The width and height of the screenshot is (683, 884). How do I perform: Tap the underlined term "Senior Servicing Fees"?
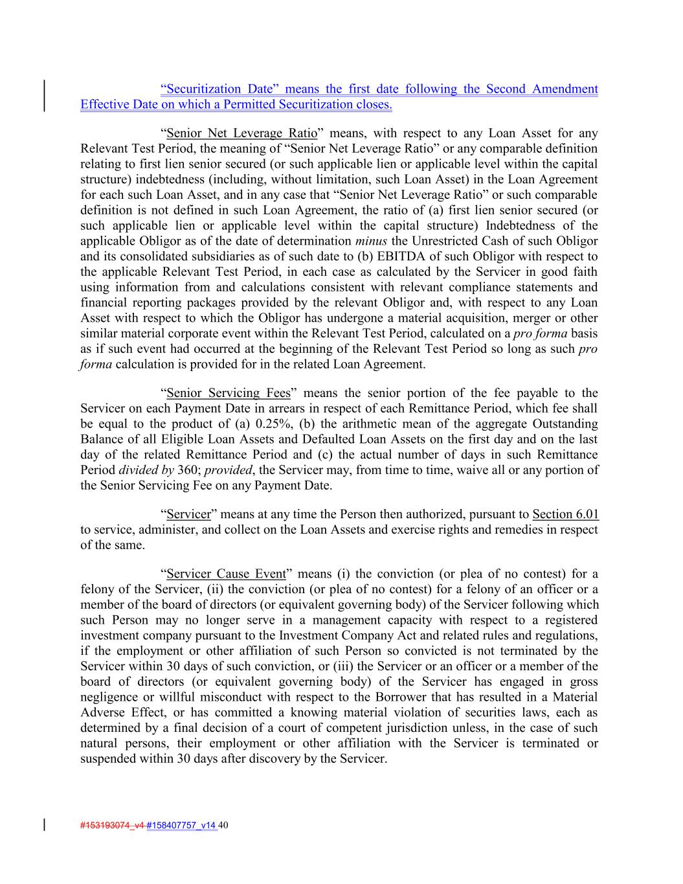[228, 393]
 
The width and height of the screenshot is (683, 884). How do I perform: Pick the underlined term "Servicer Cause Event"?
[226, 574]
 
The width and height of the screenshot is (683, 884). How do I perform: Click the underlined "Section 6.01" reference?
[565, 515]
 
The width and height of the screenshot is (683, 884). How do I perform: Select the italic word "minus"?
[371, 242]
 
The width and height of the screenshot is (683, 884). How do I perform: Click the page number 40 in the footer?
[224, 826]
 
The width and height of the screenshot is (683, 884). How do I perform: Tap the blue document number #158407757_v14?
[181, 826]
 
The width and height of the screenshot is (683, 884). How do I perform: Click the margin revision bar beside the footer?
[44, 824]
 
